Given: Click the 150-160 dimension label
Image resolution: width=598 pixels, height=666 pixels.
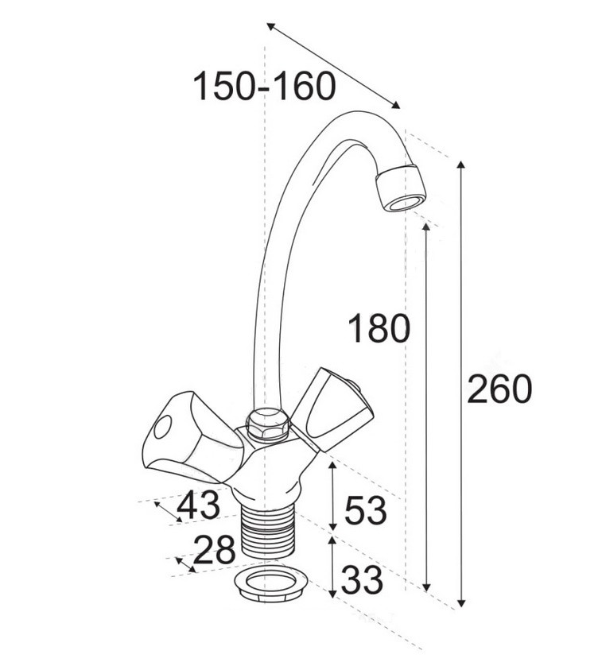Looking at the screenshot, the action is tap(264, 87).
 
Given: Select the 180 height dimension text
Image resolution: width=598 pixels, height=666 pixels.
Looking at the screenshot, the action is tap(379, 328).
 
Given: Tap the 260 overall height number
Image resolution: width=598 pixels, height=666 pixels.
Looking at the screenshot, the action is tap(499, 389).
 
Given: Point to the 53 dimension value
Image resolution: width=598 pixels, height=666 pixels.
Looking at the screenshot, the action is tap(366, 509).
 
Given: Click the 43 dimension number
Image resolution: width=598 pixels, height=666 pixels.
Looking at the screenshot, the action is tap(199, 505).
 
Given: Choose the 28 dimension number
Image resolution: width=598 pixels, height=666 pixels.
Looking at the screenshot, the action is tap(214, 549).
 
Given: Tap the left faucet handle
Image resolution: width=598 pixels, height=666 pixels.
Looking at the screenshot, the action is tap(192, 438).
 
